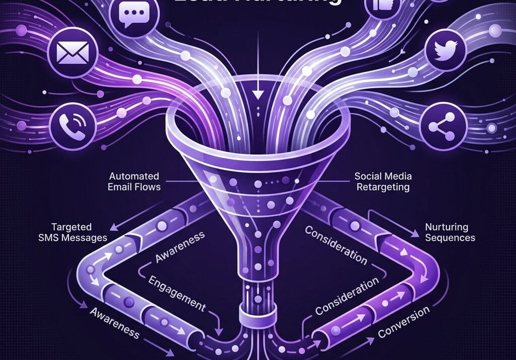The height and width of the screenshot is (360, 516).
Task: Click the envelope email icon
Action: pos(70,51)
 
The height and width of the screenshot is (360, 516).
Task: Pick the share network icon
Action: pos(439,127)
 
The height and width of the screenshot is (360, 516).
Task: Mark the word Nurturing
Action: pos(446,227)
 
